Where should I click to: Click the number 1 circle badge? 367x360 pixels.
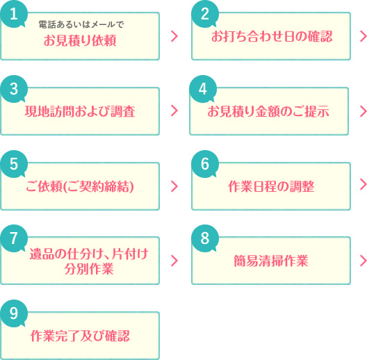click(14, 14)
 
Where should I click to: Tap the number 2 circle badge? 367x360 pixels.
click(205, 14)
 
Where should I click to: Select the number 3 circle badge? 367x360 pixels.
click(14, 89)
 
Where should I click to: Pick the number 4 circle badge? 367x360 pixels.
click(203, 89)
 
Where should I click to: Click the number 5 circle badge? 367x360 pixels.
click(14, 164)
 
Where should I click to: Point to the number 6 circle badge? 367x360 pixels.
click(205, 164)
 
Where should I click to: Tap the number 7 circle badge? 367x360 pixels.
click(14, 238)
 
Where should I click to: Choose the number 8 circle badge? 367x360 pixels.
click(205, 238)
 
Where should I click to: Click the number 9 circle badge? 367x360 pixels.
click(14, 313)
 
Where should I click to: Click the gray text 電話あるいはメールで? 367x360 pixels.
click(81, 24)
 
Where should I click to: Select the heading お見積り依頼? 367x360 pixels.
click(80, 40)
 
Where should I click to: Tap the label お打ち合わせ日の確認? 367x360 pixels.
click(272, 37)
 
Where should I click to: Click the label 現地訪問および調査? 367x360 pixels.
click(80, 111)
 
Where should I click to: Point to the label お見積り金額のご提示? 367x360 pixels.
click(268, 111)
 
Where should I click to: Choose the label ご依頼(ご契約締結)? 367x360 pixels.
click(80, 186)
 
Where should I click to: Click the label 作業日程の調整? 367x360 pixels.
click(271, 186)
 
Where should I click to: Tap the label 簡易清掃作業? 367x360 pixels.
click(271, 261)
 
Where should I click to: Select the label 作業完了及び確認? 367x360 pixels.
click(80, 336)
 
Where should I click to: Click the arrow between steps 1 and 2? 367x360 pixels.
click(174, 36)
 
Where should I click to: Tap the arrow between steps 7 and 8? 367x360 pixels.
click(174, 261)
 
